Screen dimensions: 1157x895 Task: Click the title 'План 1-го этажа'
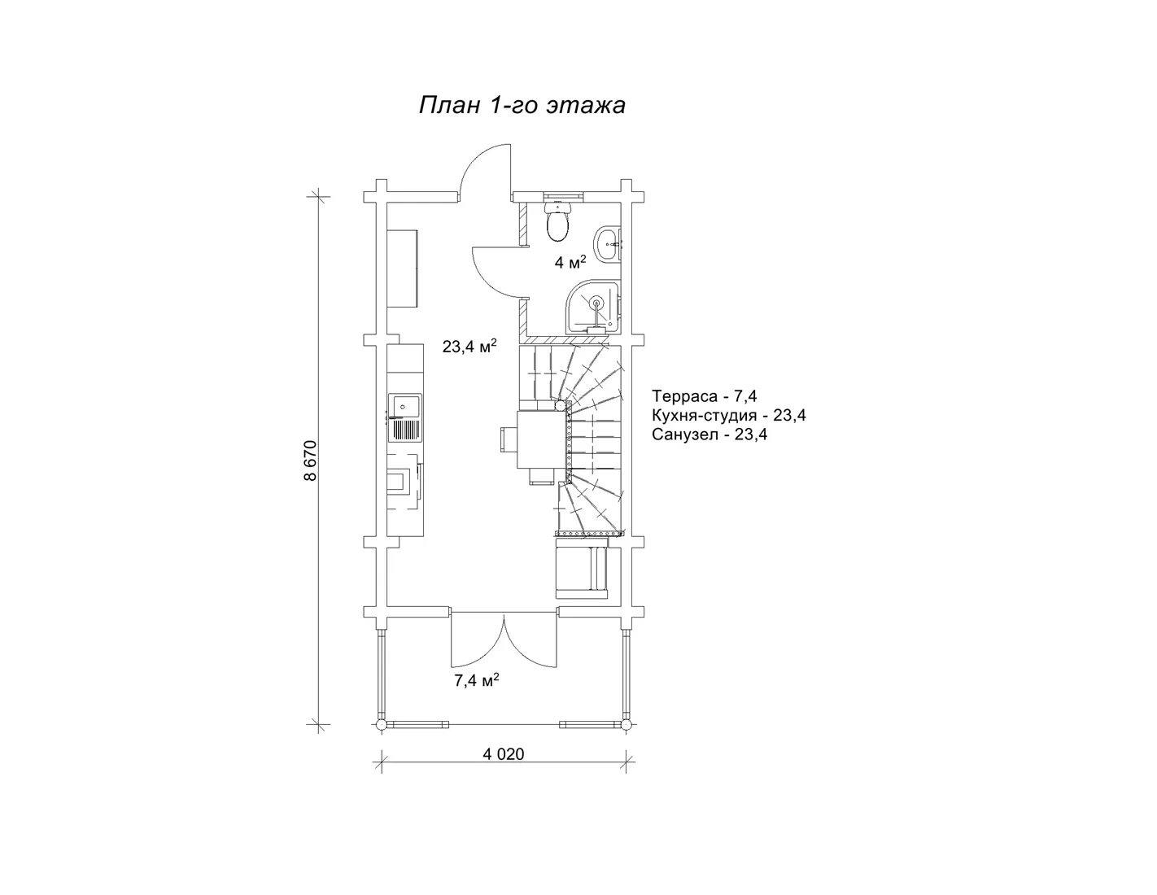point(522,105)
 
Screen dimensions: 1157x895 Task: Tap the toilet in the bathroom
point(557,220)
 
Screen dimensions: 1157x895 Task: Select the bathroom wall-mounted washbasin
point(609,244)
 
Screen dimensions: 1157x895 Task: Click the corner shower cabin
point(594,308)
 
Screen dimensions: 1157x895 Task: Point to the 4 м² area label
point(570,262)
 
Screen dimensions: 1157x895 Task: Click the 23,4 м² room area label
point(469,346)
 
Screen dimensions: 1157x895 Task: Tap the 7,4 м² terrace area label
point(477,680)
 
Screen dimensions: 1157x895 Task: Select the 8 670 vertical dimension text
point(310,461)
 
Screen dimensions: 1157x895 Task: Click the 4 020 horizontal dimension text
point(503,754)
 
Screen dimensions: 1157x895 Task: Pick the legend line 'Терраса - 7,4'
point(705,396)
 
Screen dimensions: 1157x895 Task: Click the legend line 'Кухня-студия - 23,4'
point(729,415)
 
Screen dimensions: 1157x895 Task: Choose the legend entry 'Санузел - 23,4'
point(709,434)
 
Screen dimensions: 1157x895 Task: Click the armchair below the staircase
point(582,568)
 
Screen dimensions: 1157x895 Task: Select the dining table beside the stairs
point(541,439)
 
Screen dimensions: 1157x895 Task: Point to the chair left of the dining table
point(509,439)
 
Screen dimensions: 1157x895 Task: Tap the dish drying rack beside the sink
point(406,430)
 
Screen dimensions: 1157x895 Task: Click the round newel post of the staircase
point(560,405)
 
